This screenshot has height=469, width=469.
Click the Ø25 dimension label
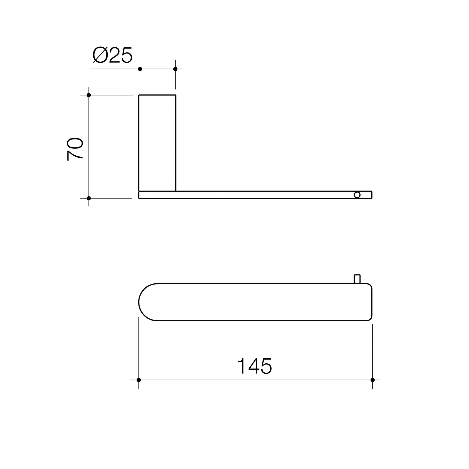(112, 56)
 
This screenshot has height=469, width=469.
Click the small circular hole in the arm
(357, 195)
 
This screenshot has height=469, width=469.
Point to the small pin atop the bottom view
(357, 279)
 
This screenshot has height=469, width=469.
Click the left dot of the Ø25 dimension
(140, 69)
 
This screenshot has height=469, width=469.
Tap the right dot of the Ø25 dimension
(175, 69)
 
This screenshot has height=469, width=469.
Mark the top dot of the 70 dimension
(89, 95)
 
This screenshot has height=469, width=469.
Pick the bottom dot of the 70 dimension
(89, 198)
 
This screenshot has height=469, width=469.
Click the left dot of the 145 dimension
(139, 380)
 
